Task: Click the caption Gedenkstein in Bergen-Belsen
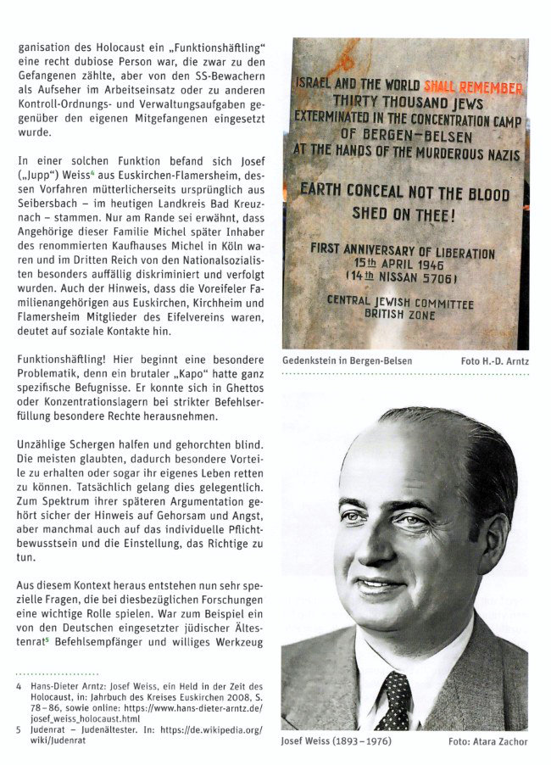point(348,360)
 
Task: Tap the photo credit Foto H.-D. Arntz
point(494,360)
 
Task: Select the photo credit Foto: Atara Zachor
point(488,741)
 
